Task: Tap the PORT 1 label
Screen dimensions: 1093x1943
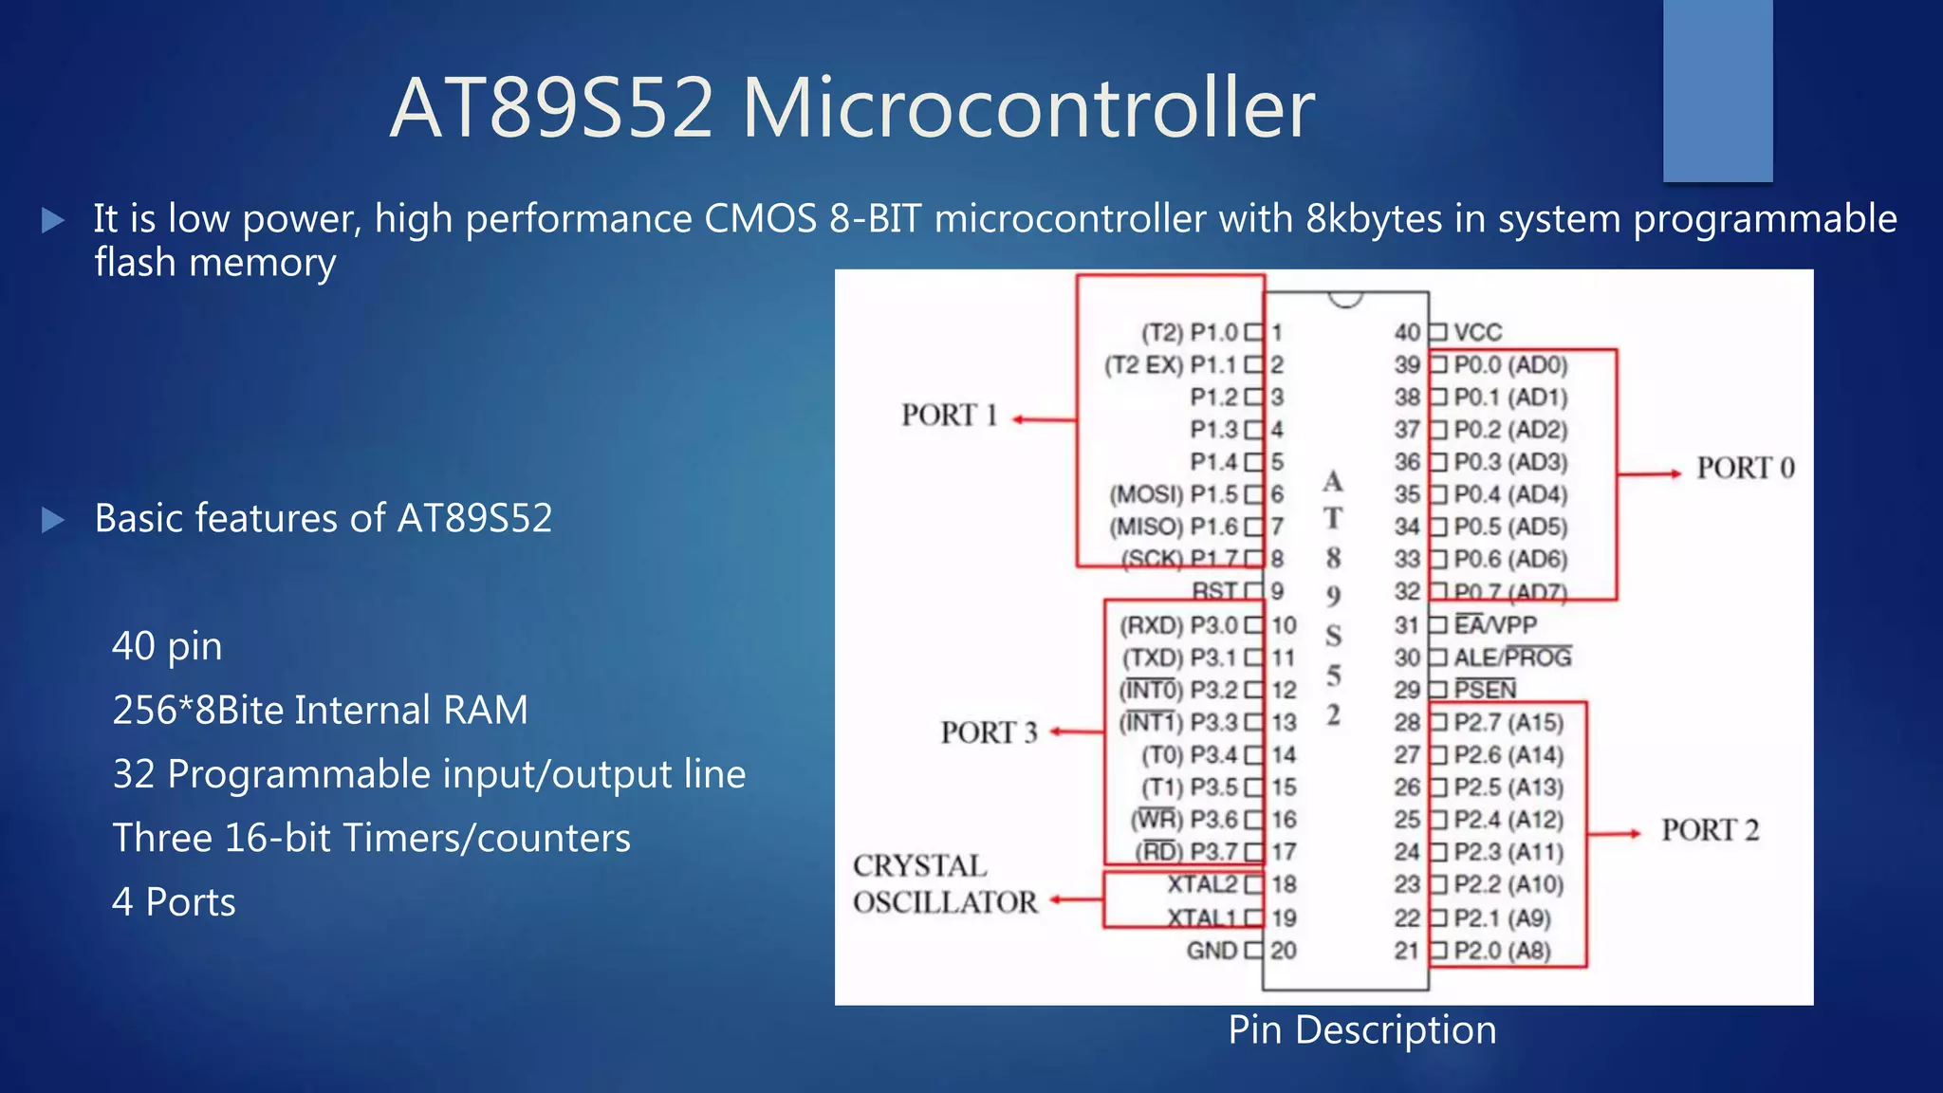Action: click(x=949, y=416)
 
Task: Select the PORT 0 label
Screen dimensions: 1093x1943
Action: click(x=1746, y=468)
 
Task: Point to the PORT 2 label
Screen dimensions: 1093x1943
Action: click(x=1710, y=830)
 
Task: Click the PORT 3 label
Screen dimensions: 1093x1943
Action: click(x=989, y=732)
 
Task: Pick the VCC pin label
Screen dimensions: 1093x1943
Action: click(x=1478, y=332)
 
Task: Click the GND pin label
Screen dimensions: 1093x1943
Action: click(x=1212, y=951)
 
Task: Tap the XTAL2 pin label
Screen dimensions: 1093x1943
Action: click(x=1202, y=884)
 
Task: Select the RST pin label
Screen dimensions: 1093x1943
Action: click(x=1214, y=591)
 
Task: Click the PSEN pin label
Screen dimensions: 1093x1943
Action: click(x=1485, y=690)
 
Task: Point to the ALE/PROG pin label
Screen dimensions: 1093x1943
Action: click(x=1512, y=658)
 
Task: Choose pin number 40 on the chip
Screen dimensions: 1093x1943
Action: click(x=1407, y=332)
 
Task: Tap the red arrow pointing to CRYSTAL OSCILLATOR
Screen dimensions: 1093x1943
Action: click(x=1076, y=899)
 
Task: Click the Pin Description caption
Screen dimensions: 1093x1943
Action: click(x=1362, y=1030)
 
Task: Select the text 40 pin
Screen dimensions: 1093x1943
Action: click(x=167, y=646)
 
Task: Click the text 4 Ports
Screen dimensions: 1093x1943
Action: click(x=174, y=902)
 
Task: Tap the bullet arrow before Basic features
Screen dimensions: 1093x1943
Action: click(x=53, y=520)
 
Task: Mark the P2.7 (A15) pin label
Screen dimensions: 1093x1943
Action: click(x=1508, y=723)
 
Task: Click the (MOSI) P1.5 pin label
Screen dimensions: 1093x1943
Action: click(x=1174, y=494)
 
